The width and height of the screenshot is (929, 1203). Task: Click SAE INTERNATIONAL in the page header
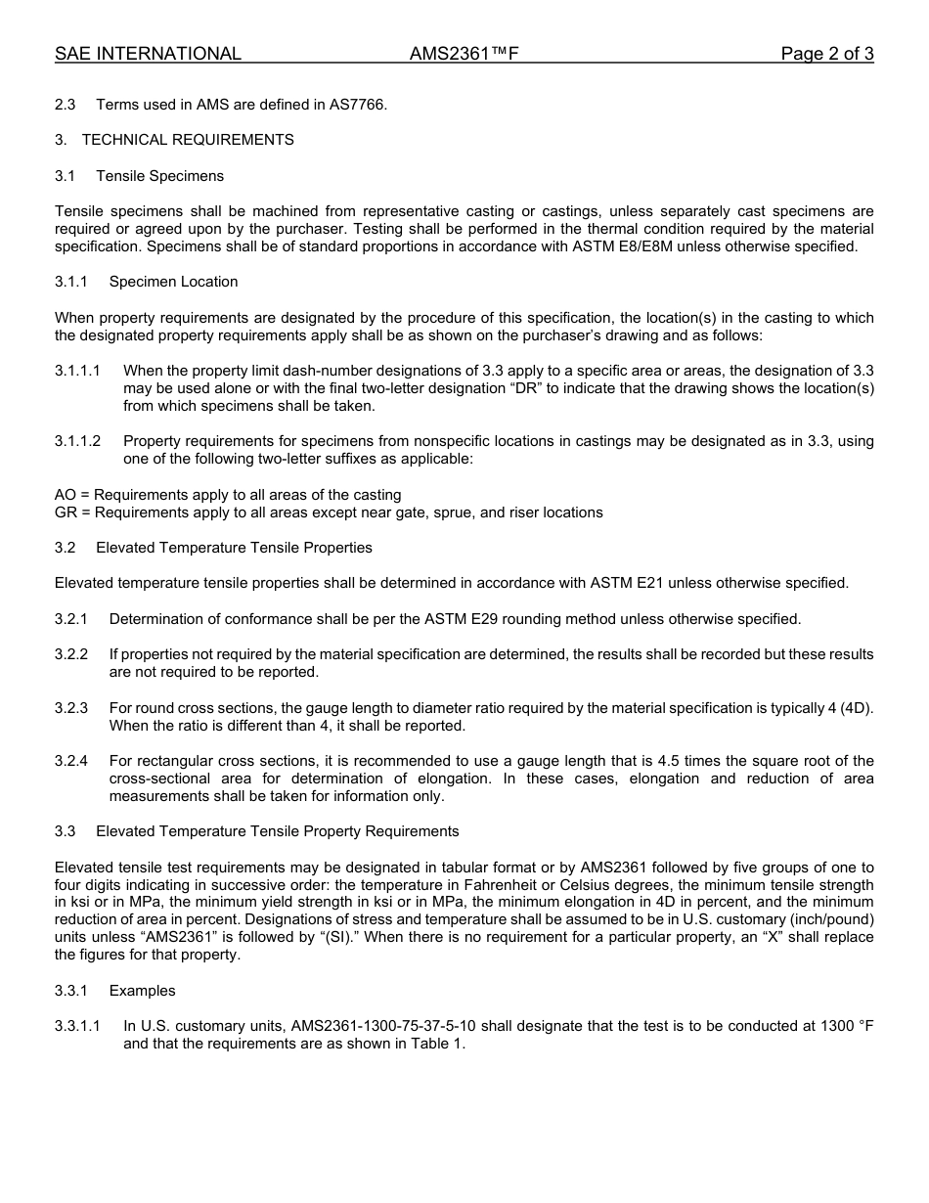(148, 54)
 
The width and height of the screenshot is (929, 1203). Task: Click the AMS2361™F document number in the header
(463, 54)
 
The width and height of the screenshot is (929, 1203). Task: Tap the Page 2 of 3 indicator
(826, 54)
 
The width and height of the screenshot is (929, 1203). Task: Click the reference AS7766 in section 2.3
(360, 105)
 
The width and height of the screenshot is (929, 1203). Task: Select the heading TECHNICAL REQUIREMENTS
(188, 140)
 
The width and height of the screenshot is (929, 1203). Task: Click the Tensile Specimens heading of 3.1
(159, 176)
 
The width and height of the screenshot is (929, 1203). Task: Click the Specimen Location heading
(173, 282)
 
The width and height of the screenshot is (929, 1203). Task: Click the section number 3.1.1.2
(77, 441)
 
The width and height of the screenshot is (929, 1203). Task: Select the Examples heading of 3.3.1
(143, 991)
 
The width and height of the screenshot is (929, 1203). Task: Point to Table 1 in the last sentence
(439, 1044)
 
